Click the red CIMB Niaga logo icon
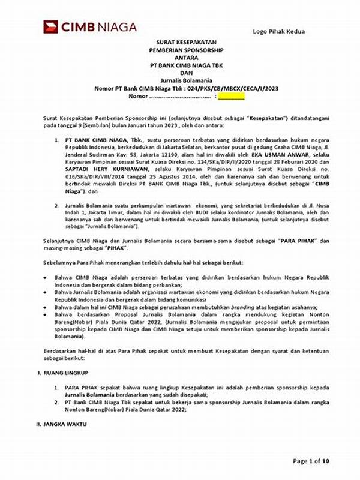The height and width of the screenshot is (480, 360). pyautogui.click(x=50, y=26)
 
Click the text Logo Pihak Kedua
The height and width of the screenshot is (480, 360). pyautogui.click(x=278, y=31)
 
